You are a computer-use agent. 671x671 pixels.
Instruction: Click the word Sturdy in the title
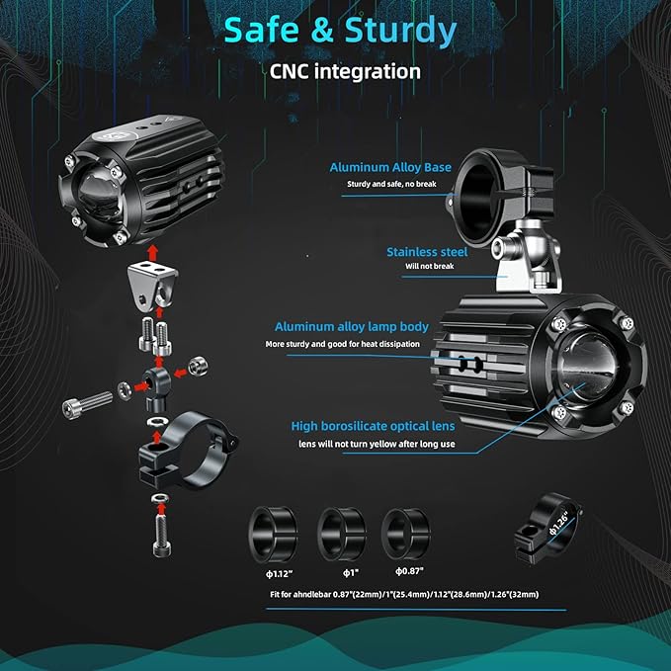pyautogui.click(x=401, y=32)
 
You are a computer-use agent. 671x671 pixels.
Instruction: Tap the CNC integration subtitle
pyautogui.click(x=345, y=71)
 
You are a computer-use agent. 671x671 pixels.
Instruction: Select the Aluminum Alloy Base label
pyautogui.click(x=390, y=167)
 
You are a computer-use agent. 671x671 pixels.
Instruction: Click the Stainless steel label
pyautogui.click(x=427, y=252)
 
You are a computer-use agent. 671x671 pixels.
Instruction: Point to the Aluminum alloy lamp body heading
pyautogui.click(x=352, y=327)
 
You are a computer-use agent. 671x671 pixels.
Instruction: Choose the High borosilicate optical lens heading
pyautogui.click(x=374, y=426)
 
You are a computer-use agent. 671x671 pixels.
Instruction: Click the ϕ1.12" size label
pyautogui.click(x=279, y=574)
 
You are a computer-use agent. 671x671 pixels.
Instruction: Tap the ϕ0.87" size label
pyautogui.click(x=409, y=571)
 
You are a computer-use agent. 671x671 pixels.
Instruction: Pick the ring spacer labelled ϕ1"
pyautogui.click(x=342, y=534)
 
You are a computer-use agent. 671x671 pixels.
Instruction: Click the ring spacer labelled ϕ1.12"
pyautogui.click(x=273, y=534)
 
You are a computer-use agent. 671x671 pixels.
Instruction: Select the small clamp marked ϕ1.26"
pyautogui.click(x=546, y=528)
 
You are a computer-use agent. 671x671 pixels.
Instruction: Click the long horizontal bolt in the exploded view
pyautogui.click(x=87, y=403)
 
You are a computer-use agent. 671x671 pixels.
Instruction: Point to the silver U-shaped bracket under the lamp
pyautogui.click(x=152, y=285)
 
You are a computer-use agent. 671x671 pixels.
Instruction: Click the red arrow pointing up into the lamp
pyautogui.click(x=153, y=253)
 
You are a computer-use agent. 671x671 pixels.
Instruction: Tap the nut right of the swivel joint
pyautogui.click(x=198, y=366)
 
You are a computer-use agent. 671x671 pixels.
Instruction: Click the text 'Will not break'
pyautogui.click(x=430, y=266)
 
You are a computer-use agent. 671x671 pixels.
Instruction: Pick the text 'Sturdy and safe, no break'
pyautogui.click(x=391, y=184)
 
